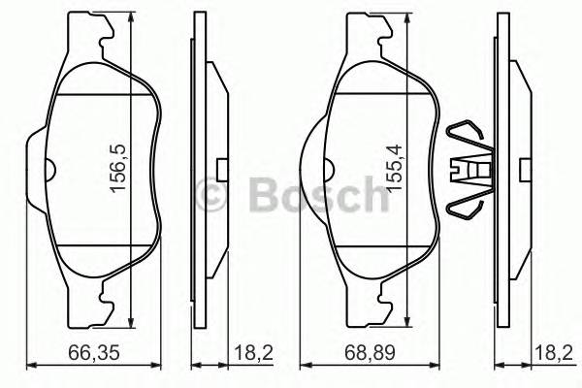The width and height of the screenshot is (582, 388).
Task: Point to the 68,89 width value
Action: tap(364, 355)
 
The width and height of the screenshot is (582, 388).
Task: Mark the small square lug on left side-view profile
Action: tap(222, 171)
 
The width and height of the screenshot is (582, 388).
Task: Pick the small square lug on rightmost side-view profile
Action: tap(525, 171)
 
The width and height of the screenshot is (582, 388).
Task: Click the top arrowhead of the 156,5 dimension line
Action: tap(130, 20)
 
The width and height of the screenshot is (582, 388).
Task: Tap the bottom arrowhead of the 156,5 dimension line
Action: tap(130, 323)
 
